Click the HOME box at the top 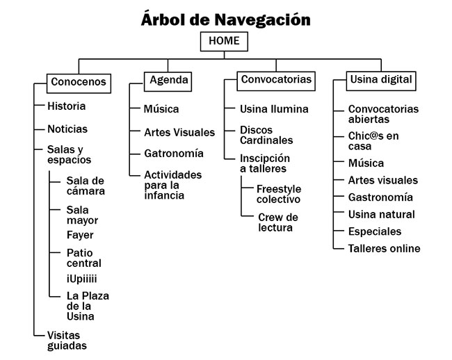(x=224, y=42)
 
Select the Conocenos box (x=79, y=83)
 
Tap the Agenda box (x=168, y=82)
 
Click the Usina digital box (x=381, y=81)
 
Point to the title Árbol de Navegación (x=226, y=19)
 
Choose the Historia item (x=67, y=106)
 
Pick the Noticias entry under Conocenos (x=67, y=129)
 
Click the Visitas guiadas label (x=67, y=341)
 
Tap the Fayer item (x=80, y=236)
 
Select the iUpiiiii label (x=82, y=279)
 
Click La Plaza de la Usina (x=88, y=306)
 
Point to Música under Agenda (x=161, y=109)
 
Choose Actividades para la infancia (x=173, y=185)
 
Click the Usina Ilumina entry (x=274, y=109)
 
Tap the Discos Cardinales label (x=266, y=135)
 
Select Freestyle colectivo (x=279, y=194)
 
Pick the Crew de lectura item (x=278, y=222)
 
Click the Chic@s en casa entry (x=373, y=141)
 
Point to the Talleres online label (x=385, y=249)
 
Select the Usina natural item (x=381, y=214)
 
